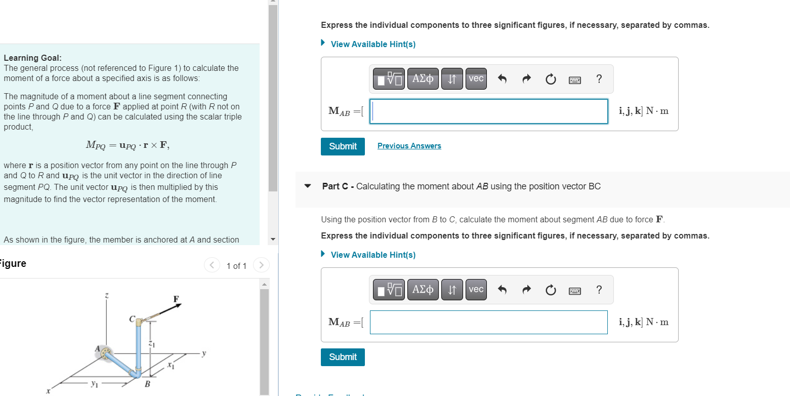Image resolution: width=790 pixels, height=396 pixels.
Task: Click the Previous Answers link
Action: pyautogui.click(x=409, y=146)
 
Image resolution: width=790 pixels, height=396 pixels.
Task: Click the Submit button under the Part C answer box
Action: pyautogui.click(x=343, y=357)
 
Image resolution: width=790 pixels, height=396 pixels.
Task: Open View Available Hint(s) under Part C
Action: pyautogui.click(x=372, y=255)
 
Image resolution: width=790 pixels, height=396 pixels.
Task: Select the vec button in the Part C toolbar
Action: pyautogui.click(x=476, y=290)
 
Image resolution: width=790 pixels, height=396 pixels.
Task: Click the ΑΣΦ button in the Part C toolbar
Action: pyautogui.click(x=423, y=290)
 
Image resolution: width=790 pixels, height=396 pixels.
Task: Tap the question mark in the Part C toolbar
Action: pyautogui.click(x=599, y=290)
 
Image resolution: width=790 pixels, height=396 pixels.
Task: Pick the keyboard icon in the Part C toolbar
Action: pyautogui.click(x=574, y=290)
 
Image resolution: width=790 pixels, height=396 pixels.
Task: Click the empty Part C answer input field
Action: pyautogui.click(x=488, y=322)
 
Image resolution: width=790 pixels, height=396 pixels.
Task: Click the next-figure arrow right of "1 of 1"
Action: pyautogui.click(x=261, y=265)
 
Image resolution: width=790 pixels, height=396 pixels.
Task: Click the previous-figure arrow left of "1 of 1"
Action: pyautogui.click(x=212, y=265)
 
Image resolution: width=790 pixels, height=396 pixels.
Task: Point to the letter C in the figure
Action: pyautogui.click(x=132, y=320)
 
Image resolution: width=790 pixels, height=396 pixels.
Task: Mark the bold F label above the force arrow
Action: pyautogui.click(x=176, y=299)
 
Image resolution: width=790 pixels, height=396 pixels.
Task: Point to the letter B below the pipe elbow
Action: pyautogui.click(x=147, y=384)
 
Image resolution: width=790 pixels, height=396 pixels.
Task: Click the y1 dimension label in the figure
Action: pyautogui.click(x=94, y=384)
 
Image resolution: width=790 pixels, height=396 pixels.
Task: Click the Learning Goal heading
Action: pyautogui.click(x=32, y=58)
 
